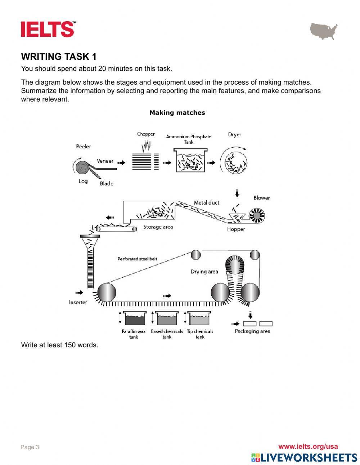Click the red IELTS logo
tap(48, 29)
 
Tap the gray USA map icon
tap(324, 31)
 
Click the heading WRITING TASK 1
tap(59, 57)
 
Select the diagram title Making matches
tap(177, 113)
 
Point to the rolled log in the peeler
tap(83, 167)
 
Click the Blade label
tap(107, 184)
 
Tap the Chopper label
tap(146, 134)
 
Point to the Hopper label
tap(236, 229)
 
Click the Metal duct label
tap(207, 203)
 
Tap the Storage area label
tap(158, 227)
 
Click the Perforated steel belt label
tap(137, 259)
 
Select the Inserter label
tap(78, 302)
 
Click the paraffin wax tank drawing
tap(134, 318)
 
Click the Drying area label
tap(204, 272)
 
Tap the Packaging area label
tap(252, 331)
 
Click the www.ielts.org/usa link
tap(308, 447)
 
